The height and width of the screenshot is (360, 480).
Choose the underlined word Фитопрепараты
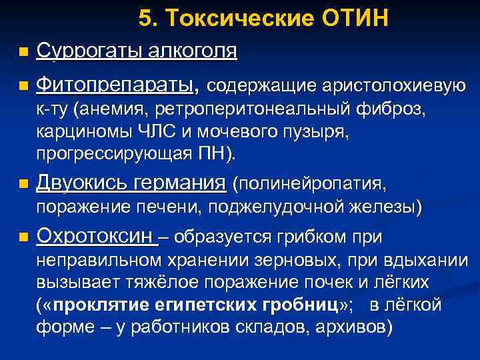[117, 86]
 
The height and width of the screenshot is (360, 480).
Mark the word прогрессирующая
[113, 154]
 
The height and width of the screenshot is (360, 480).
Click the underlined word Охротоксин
[96, 236]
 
